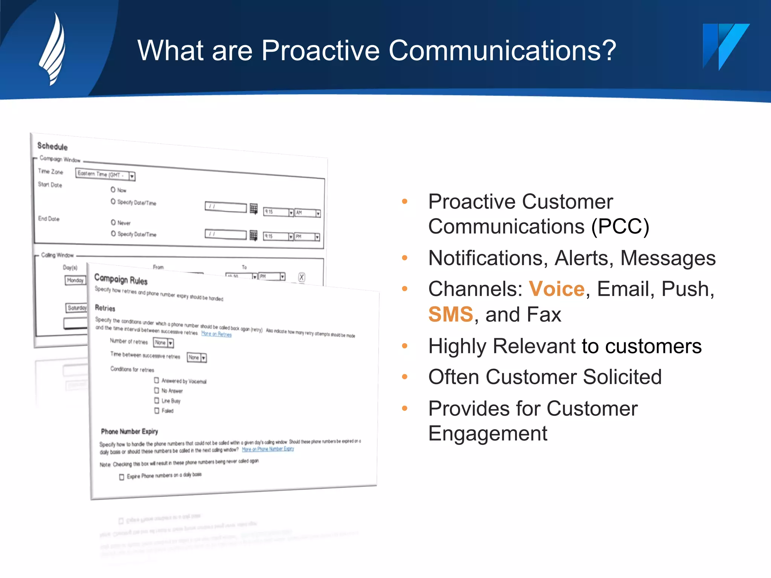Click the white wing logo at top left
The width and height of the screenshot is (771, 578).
click(53, 49)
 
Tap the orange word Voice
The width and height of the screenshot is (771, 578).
click(556, 289)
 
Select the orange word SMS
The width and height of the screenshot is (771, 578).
click(450, 314)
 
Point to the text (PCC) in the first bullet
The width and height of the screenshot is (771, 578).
click(620, 227)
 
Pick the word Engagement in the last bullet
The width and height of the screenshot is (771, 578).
click(488, 433)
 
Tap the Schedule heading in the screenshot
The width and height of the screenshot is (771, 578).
click(52, 146)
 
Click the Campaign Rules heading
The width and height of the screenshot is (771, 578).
click(121, 279)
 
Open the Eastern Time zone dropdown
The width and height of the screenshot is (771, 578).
click(131, 176)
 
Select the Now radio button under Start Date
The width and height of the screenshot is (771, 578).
click(113, 190)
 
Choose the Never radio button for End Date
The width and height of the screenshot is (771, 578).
click(113, 222)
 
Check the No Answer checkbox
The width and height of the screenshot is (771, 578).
click(157, 391)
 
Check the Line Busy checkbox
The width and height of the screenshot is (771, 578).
click(157, 400)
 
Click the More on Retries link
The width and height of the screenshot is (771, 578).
click(216, 334)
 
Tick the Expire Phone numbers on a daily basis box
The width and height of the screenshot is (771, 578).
click(122, 477)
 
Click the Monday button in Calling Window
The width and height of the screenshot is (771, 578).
click(75, 280)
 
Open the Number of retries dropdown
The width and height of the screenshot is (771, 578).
click(170, 343)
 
